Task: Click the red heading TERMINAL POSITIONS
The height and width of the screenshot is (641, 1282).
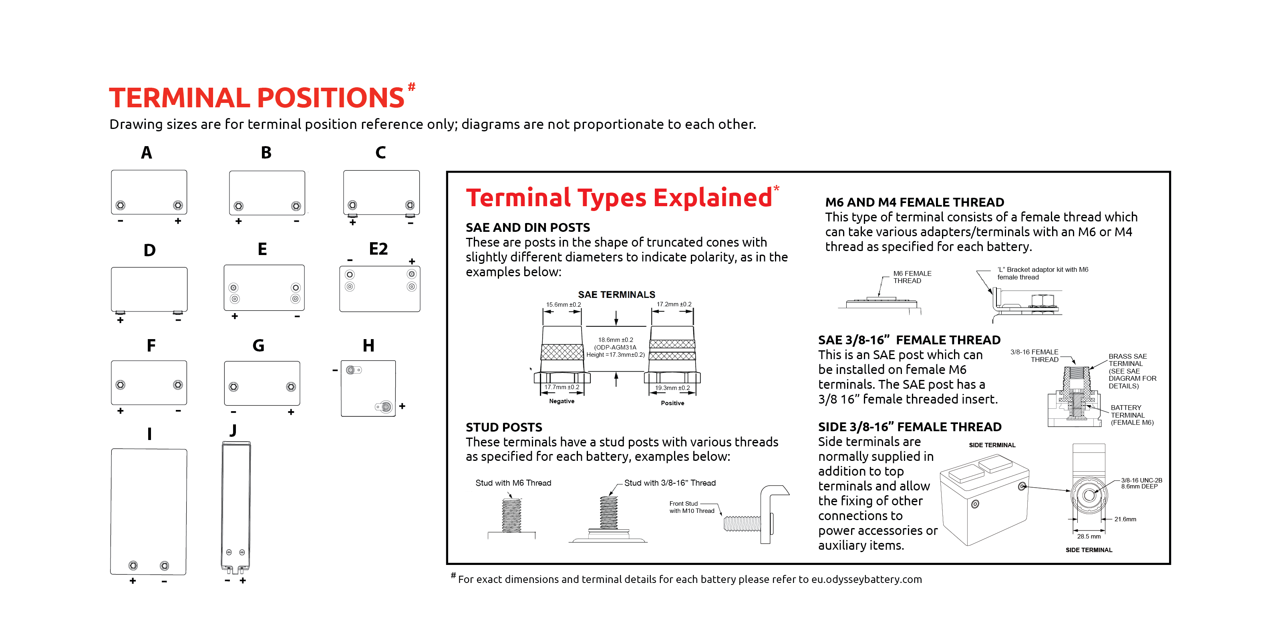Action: click(256, 98)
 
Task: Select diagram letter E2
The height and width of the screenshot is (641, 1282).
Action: click(378, 249)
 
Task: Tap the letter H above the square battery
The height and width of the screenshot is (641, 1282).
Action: click(368, 346)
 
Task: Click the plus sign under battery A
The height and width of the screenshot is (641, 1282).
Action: click(178, 221)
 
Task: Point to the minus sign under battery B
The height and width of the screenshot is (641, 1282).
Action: click(297, 221)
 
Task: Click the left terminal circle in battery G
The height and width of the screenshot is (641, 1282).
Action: click(233, 387)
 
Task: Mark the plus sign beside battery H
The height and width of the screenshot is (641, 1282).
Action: click(402, 406)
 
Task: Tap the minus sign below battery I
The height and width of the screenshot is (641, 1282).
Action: click(164, 581)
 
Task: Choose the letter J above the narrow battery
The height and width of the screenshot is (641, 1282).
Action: click(233, 430)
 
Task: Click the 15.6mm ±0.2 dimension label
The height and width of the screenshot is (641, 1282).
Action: click(564, 305)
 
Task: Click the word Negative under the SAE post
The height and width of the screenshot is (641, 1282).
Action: click(562, 401)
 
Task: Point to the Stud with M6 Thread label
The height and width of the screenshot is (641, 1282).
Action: click(513, 483)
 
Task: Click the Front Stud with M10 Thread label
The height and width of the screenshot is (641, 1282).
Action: click(692, 507)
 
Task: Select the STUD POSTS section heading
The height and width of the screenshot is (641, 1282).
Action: click(504, 427)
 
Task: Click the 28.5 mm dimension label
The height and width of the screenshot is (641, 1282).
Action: click(1089, 537)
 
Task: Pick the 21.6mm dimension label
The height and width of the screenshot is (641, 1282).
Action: click(1125, 519)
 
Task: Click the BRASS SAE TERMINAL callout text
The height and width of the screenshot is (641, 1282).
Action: click(1128, 360)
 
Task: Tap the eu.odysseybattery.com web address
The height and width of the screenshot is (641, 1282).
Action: click(866, 579)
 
